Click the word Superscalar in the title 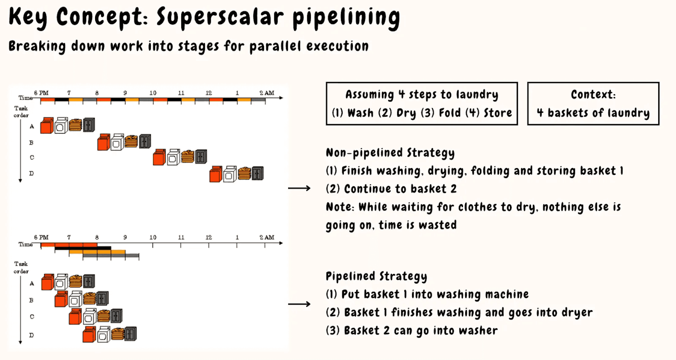(220, 17)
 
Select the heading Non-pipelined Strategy (390, 153)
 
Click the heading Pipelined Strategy (376, 276)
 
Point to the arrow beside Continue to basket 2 (299, 188)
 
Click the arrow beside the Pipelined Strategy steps (299, 304)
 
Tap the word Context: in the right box (593, 95)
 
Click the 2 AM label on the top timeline (267, 93)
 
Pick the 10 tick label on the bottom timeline (153, 237)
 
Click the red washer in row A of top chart (47, 125)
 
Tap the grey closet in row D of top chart (258, 174)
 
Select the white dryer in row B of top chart (117, 142)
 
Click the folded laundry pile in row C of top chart (188, 157)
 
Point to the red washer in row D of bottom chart (89, 334)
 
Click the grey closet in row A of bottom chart (89, 281)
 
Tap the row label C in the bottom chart (32, 316)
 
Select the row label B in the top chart (31, 142)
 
